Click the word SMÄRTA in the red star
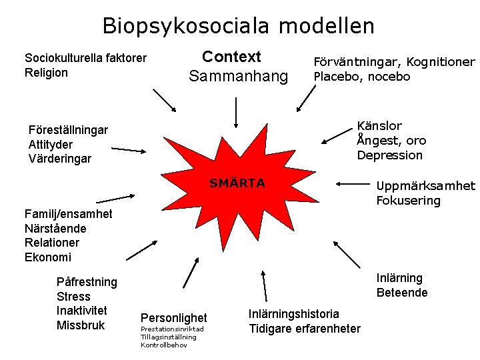pos(237,183)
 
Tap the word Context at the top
pos(231,57)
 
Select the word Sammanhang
pos(238,76)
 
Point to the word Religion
pos(46,73)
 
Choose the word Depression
pos(389,155)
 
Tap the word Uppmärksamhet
pos(425,186)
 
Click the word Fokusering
pos(408,201)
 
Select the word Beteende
pos(402,293)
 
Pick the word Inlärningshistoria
pos(294,313)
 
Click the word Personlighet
pos(174,318)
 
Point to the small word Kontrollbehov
pos(164,345)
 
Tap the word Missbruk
pos(81,325)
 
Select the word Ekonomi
pos(47,257)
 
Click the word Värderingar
pos(60,159)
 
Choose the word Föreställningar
pos(68,129)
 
